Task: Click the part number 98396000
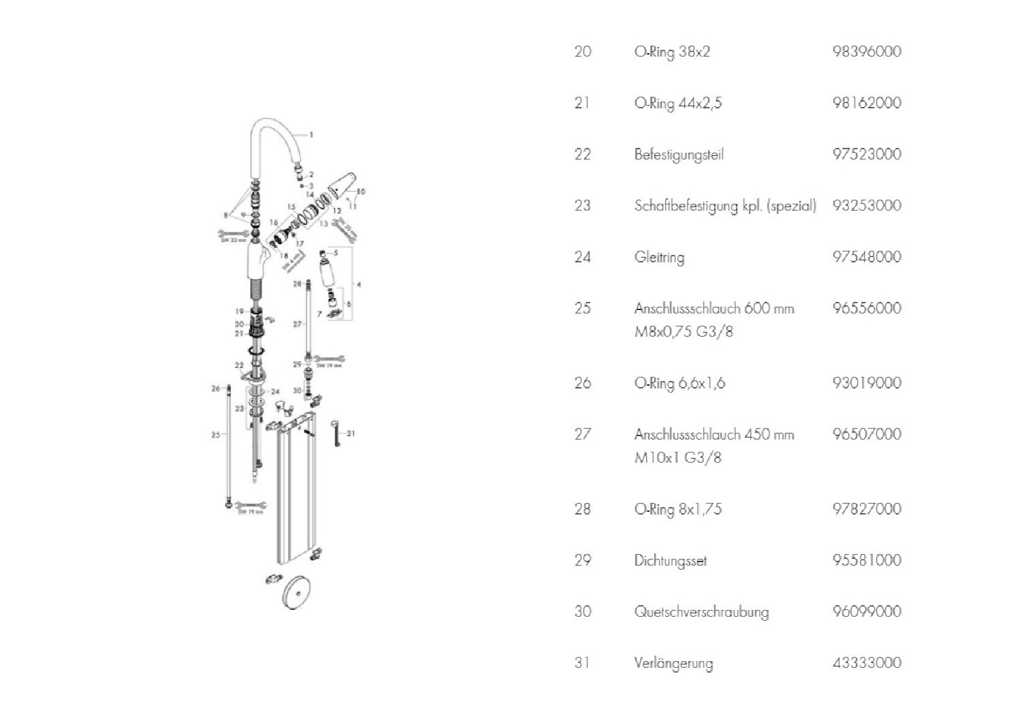click(866, 52)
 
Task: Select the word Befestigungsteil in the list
click(679, 155)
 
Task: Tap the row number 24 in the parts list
click(582, 257)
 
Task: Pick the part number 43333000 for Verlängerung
click(866, 662)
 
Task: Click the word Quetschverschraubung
click(701, 611)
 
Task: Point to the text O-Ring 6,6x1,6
click(679, 383)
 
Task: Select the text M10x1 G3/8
click(677, 458)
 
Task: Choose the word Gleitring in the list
click(659, 257)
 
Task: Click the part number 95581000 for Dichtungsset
click(866, 560)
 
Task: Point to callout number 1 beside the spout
click(311, 135)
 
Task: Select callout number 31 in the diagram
click(350, 433)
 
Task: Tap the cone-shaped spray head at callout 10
click(341, 185)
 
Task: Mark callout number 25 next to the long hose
click(215, 434)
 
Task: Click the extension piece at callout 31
click(335, 433)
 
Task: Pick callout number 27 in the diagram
click(297, 324)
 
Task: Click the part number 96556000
click(866, 308)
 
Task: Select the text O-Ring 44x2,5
click(677, 104)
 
